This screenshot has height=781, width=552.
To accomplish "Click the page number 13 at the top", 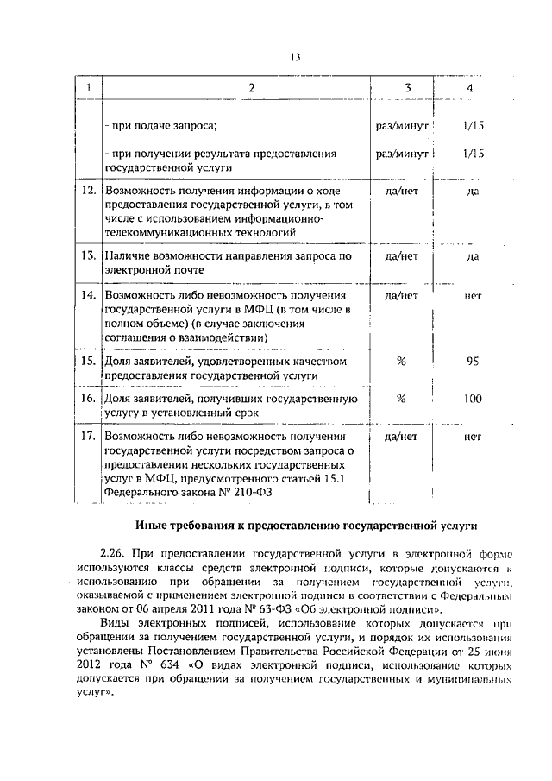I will pyautogui.click(x=294, y=57).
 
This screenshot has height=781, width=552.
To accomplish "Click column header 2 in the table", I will pyautogui.click(x=251, y=89).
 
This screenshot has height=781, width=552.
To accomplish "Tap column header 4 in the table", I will pyautogui.click(x=469, y=89).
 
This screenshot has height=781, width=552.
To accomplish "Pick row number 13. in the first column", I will pyautogui.click(x=87, y=256).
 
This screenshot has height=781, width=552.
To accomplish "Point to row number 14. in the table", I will pyautogui.click(x=87, y=295).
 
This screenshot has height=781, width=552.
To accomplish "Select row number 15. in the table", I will pyautogui.click(x=87, y=362).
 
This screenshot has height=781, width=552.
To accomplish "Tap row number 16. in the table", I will pyautogui.click(x=87, y=399).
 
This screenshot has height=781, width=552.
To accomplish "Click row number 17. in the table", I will pyautogui.click(x=87, y=438).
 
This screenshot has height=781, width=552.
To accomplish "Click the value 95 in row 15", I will pyautogui.click(x=472, y=362).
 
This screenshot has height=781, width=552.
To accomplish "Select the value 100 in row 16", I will pyautogui.click(x=472, y=399).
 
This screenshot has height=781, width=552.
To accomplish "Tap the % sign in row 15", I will pyautogui.click(x=401, y=362).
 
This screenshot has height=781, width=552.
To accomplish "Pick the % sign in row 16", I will pyautogui.click(x=401, y=399).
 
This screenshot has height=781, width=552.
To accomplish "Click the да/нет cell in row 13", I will pyautogui.click(x=401, y=256).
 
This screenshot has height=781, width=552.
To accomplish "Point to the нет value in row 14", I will pyautogui.click(x=472, y=295).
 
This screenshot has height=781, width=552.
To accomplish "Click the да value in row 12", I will pyautogui.click(x=472, y=191).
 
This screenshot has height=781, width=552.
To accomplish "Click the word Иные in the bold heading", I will pyautogui.click(x=154, y=526).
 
